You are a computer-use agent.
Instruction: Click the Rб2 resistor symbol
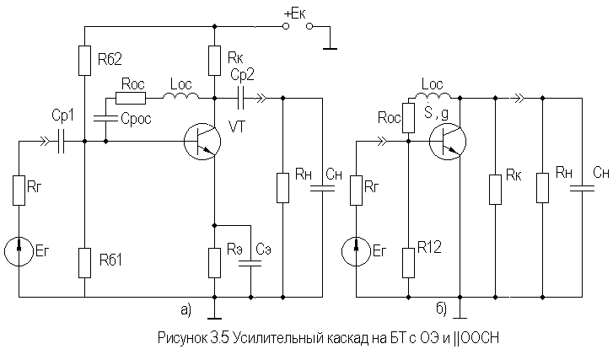coord(85,61)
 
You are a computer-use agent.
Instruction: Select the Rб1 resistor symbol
coord(85,262)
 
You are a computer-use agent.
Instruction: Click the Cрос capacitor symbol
coord(105,118)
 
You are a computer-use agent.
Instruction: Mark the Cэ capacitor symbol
coord(250,263)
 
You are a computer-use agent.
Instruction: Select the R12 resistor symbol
coord(408,262)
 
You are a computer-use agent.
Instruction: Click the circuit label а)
coord(186,309)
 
